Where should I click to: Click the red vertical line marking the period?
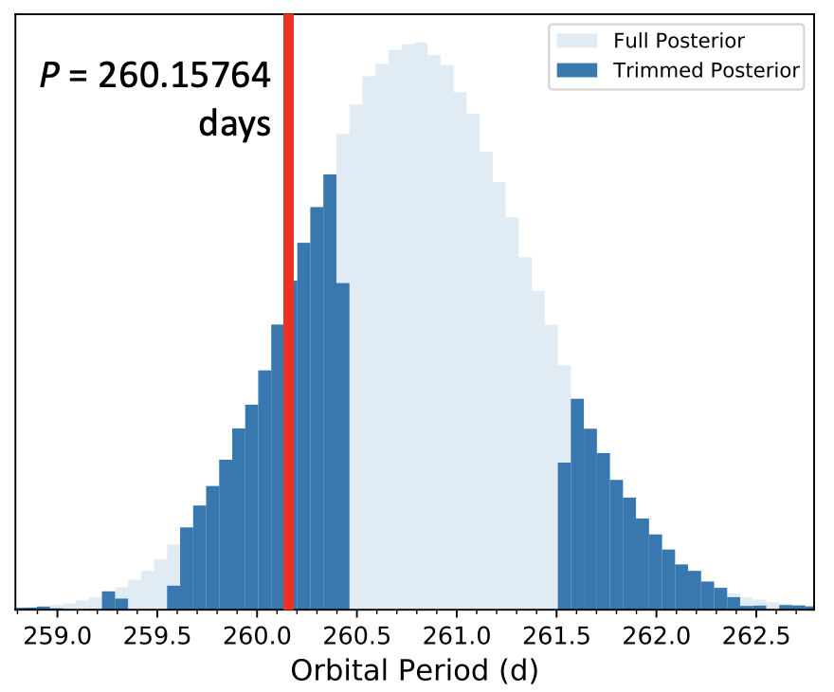click(289, 312)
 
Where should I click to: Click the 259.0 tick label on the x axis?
click(58, 636)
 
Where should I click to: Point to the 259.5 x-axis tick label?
click(157, 636)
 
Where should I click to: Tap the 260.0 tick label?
click(257, 636)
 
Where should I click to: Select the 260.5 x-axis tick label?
click(357, 636)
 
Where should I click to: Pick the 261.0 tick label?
click(457, 636)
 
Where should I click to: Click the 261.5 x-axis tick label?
click(556, 636)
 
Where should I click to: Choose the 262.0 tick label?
click(657, 636)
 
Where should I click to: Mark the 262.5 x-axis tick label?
click(756, 636)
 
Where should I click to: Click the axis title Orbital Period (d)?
click(415, 670)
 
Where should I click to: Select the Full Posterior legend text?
click(680, 41)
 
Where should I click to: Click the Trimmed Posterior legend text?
click(706, 70)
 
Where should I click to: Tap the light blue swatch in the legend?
click(577, 41)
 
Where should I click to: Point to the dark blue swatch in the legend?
click(577, 70)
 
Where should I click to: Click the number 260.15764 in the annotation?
click(185, 76)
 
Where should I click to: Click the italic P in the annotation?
click(50, 76)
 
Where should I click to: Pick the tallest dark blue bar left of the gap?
click(330, 392)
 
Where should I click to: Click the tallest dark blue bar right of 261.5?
click(577, 504)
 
